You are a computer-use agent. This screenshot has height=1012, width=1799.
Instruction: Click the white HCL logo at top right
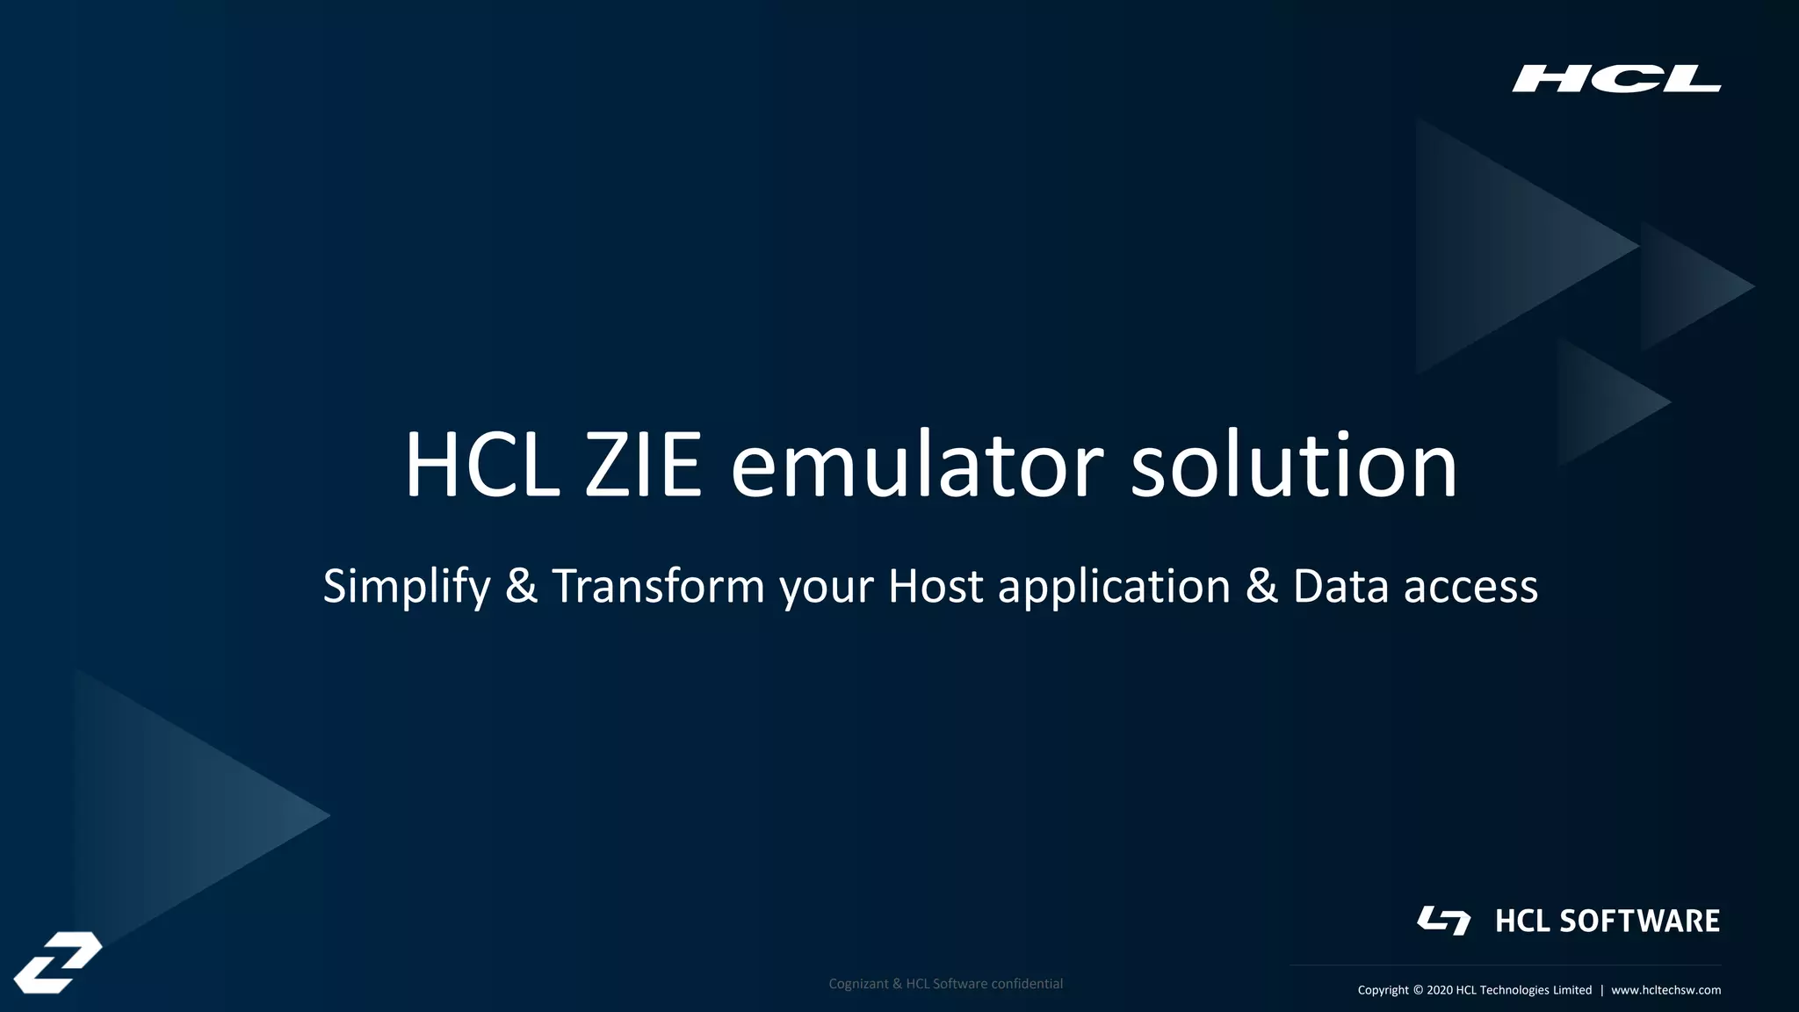[x=1615, y=78]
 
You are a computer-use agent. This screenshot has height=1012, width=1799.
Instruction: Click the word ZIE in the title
[x=643, y=466]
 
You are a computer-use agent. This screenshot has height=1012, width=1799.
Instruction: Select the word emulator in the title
[x=916, y=466]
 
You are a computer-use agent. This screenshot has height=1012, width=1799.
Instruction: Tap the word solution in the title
[x=1293, y=466]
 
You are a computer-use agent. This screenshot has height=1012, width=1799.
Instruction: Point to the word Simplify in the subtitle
[x=406, y=587]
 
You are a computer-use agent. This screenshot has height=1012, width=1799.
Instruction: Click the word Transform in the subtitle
[x=658, y=587]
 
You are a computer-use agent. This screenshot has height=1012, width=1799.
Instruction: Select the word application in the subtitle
[x=1114, y=587]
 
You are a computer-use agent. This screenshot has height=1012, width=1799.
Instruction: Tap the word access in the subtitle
[x=1470, y=587]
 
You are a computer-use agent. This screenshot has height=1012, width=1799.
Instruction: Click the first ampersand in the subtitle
[x=521, y=587]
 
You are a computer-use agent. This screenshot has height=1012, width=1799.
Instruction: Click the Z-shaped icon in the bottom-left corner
[x=58, y=962]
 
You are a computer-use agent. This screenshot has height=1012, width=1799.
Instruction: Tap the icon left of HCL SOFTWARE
[x=1443, y=920]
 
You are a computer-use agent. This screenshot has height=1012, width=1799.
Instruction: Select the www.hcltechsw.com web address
[x=1665, y=990]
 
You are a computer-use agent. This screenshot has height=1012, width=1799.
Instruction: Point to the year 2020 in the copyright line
[x=1439, y=990]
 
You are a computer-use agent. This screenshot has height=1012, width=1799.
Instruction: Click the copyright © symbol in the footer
[x=1418, y=990]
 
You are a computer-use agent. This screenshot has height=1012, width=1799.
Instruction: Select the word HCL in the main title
[x=481, y=466]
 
